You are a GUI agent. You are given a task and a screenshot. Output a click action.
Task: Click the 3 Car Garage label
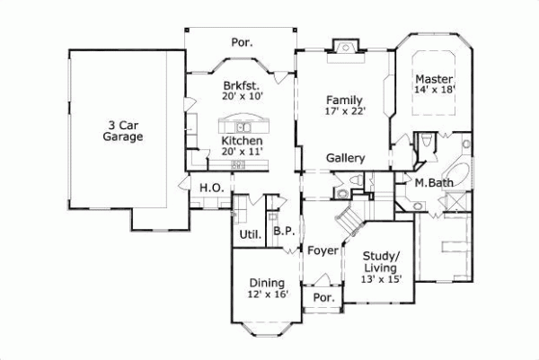click(x=122, y=131)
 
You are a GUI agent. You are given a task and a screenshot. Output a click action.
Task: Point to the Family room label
click(x=344, y=100)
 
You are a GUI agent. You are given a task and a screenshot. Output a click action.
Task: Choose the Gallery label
click(x=345, y=159)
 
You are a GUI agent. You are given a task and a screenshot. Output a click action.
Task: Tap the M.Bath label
click(x=433, y=184)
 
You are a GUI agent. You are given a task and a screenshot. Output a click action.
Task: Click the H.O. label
click(x=211, y=188)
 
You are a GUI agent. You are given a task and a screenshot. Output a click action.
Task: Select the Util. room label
click(x=249, y=235)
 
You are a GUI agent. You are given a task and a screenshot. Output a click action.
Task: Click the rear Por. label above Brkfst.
click(x=242, y=41)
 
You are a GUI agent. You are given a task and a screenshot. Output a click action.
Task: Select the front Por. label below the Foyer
click(x=322, y=298)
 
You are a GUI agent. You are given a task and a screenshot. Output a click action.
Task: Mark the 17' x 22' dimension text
click(x=344, y=112)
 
